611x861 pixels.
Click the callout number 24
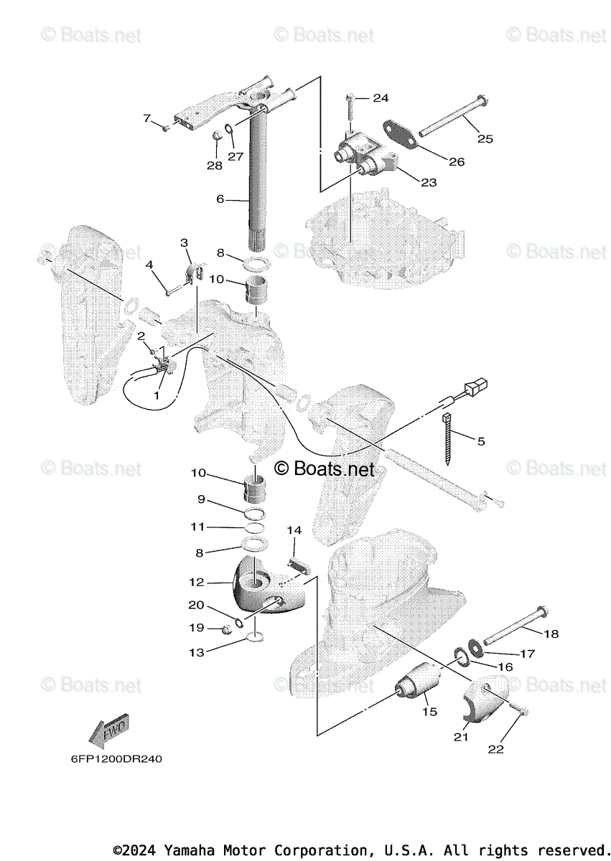click(x=380, y=98)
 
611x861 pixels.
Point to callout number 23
click(x=429, y=182)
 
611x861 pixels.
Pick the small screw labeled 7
click(x=165, y=128)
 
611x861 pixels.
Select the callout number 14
click(x=294, y=530)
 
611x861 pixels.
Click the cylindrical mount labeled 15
click(x=421, y=682)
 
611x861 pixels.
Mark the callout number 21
click(x=460, y=737)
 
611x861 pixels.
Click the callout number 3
click(x=184, y=243)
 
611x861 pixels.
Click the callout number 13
click(x=197, y=652)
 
